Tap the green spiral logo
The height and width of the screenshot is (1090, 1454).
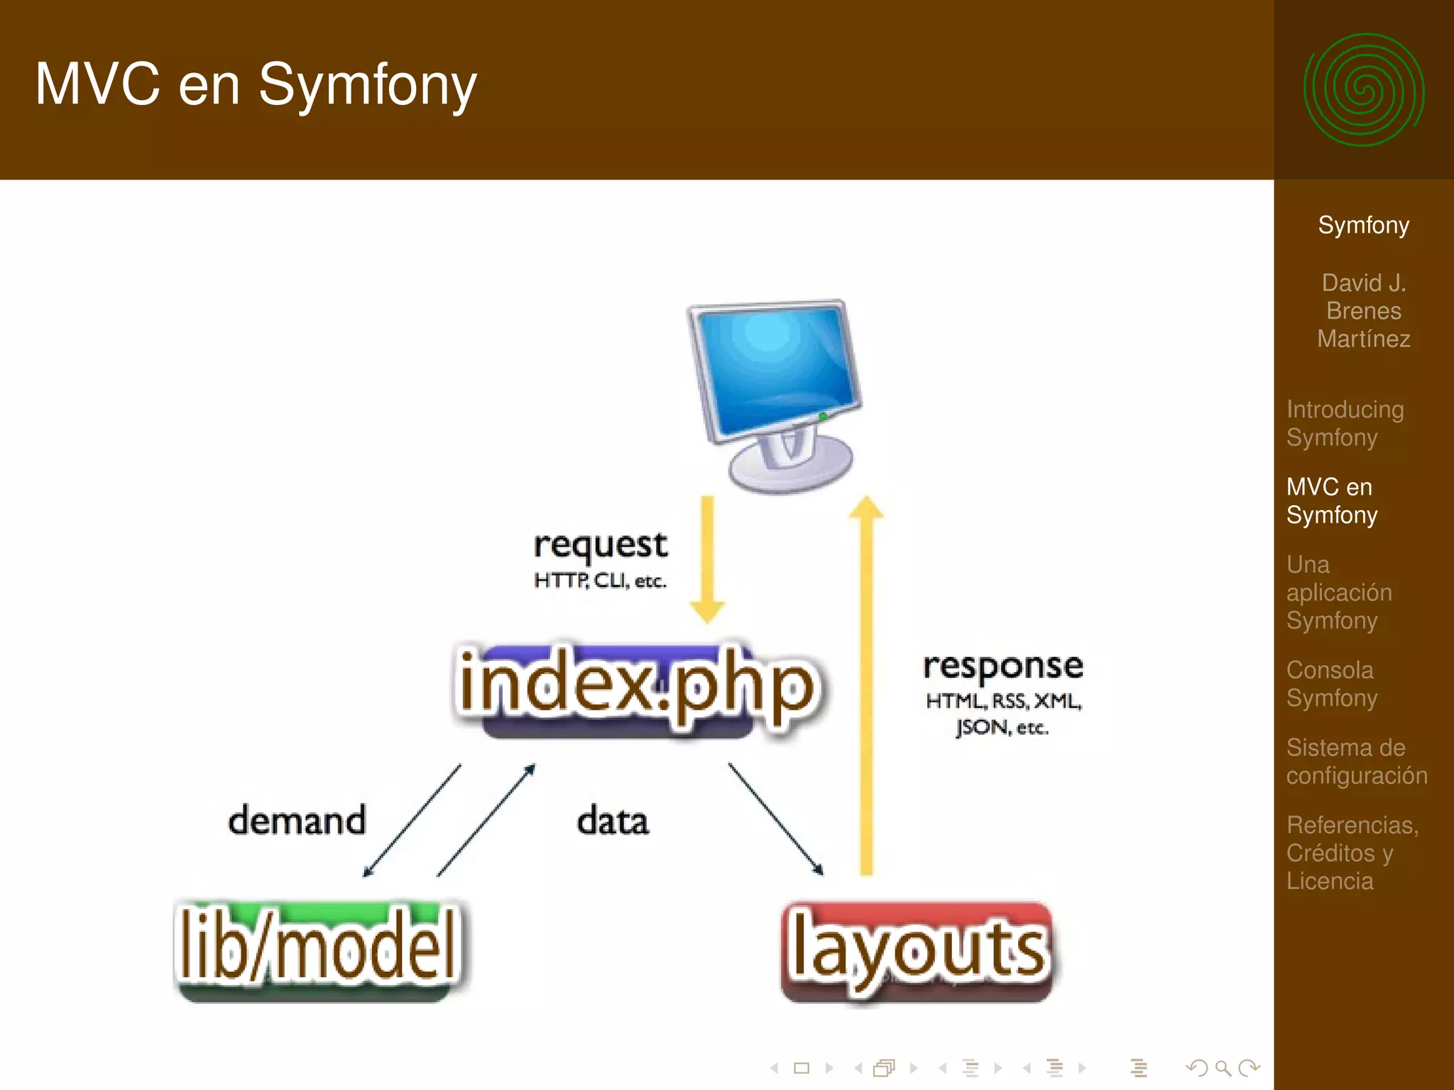[1363, 90]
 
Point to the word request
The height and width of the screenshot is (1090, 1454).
[600, 545]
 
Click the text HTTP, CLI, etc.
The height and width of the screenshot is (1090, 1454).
[600, 580]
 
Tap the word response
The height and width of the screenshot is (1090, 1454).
[1002, 666]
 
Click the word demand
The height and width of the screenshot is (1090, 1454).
[297, 820]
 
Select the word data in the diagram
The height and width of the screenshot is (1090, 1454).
[612, 821]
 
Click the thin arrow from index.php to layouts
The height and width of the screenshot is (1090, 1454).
[775, 818]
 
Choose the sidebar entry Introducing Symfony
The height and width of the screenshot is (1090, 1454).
[1345, 423]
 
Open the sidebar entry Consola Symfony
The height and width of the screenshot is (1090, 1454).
[1331, 683]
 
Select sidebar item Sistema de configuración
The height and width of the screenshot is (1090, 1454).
[1356, 761]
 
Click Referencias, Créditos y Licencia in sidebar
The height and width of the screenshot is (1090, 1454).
[1352, 852]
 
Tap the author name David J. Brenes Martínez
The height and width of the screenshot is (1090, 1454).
[1363, 311]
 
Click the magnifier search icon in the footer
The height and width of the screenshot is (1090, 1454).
[1223, 1067]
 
